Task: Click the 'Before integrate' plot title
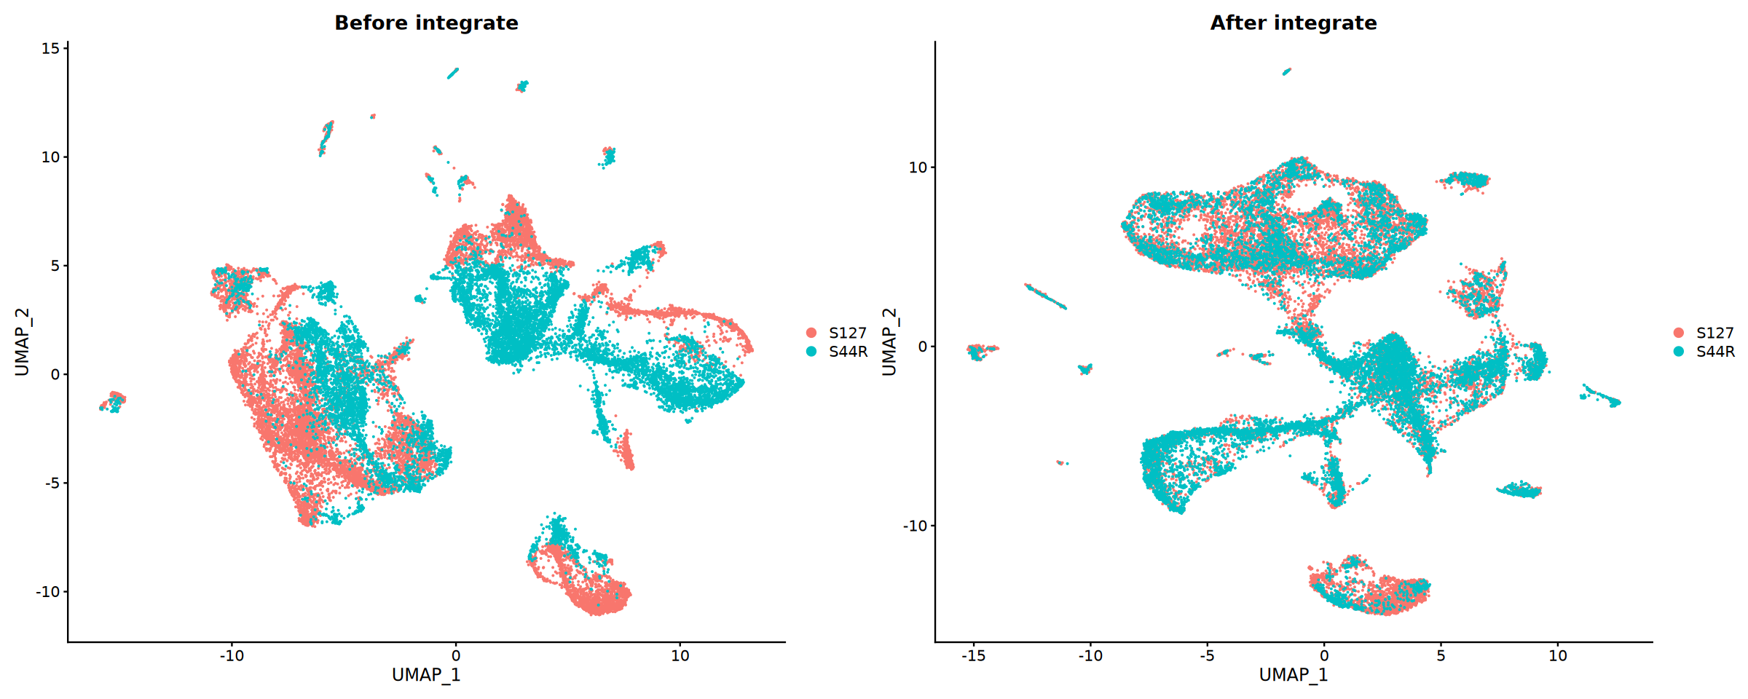coord(426,23)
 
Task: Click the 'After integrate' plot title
coord(1294,23)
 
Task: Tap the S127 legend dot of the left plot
coord(811,333)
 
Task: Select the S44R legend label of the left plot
coord(848,352)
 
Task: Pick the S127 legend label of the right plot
coord(1715,333)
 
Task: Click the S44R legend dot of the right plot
coord(1679,352)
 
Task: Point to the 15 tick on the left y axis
coord(51,48)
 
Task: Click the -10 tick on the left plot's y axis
coord(48,592)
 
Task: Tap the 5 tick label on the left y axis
coord(55,266)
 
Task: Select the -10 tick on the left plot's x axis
coord(232,655)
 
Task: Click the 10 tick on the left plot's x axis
coord(680,655)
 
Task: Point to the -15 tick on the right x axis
coord(973,655)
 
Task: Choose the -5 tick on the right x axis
coord(1207,655)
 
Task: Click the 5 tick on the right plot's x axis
coord(1441,655)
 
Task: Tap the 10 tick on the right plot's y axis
coord(918,167)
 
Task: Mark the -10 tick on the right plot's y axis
coord(916,526)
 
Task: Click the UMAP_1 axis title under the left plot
coord(426,675)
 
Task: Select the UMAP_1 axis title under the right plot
coord(1294,675)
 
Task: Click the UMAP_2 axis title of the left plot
coord(23,341)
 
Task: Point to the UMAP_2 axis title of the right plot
coord(889,341)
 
